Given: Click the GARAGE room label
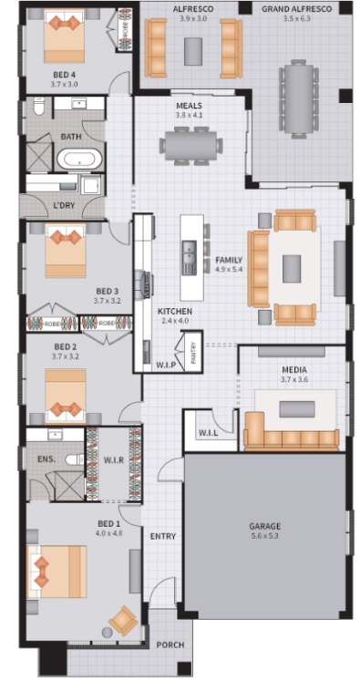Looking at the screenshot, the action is pyautogui.click(x=264, y=527).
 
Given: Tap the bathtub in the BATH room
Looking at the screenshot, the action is pyautogui.click(x=79, y=160).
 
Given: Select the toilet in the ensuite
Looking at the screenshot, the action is pyautogui.click(x=75, y=459).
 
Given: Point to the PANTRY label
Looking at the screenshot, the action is pyautogui.click(x=193, y=353).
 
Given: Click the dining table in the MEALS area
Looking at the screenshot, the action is pyautogui.click(x=190, y=145).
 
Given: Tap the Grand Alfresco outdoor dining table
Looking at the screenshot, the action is pyautogui.click(x=299, y=98).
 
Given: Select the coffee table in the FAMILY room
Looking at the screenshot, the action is pyautogui.click(x=292, y=269).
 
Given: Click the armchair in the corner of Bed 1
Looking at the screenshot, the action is pyautogui.click(x=123, y=621).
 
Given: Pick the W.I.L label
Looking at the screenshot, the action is pyautogui.click(x=208, y=433).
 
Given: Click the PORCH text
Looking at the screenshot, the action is pyautogui.click(x=170, y=644).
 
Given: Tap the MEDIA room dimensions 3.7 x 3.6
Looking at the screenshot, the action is pyautogui.click(x=294, y=379).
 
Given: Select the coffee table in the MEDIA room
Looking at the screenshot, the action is pyautogui.click(x=297, y=409).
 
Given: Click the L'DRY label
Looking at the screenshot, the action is pyautogui.click(x=63, y=205).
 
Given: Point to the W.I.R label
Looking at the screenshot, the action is pyautogui.click(x=114, y=459).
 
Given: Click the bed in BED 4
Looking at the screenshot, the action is pyautogui.click(x=64, y=36).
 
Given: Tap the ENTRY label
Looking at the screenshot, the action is pyautogui.click(x=162, y=537).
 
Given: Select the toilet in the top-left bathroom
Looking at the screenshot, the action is pyautogui.click(x=39, y=106).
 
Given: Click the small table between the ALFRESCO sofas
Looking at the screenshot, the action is pyautogui.click(x=193, y=51).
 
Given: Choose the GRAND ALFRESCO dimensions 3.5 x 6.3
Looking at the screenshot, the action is pyautogui.click(x=297, y=18).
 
